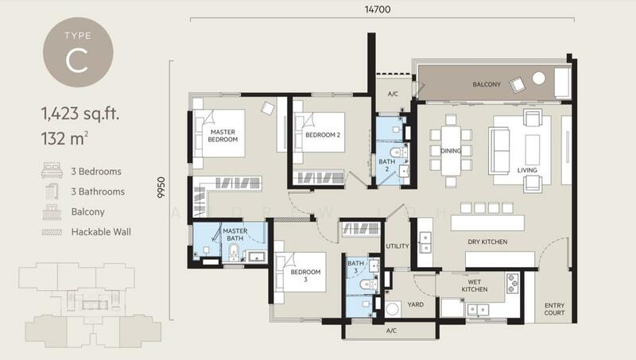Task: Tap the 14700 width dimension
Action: pos(378,10)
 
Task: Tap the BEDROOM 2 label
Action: pos(322,135)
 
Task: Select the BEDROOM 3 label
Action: pos(305,275)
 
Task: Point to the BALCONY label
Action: pos(487,83)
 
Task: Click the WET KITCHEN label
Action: pos(475,285)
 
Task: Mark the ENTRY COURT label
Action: pos(554,309)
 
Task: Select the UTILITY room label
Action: pos(397,246)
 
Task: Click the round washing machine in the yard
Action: pos(392,311)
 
